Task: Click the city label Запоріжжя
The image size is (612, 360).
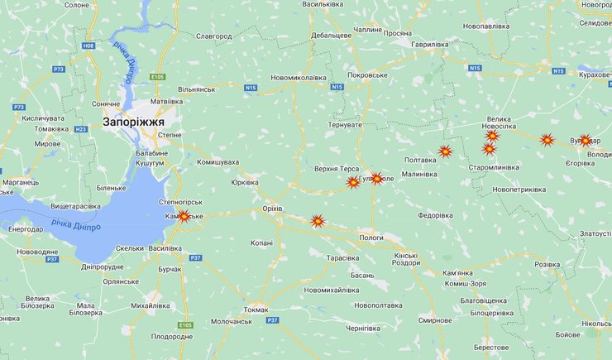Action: point(133,122)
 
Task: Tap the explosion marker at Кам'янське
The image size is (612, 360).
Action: point(184,217)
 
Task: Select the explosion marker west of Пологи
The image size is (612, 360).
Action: point(317,221)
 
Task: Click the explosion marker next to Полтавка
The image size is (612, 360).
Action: point(445,151)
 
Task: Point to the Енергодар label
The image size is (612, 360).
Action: point(26,228)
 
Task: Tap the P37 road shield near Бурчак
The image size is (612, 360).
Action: point(196,258)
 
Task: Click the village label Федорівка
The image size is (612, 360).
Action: point(435,215)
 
